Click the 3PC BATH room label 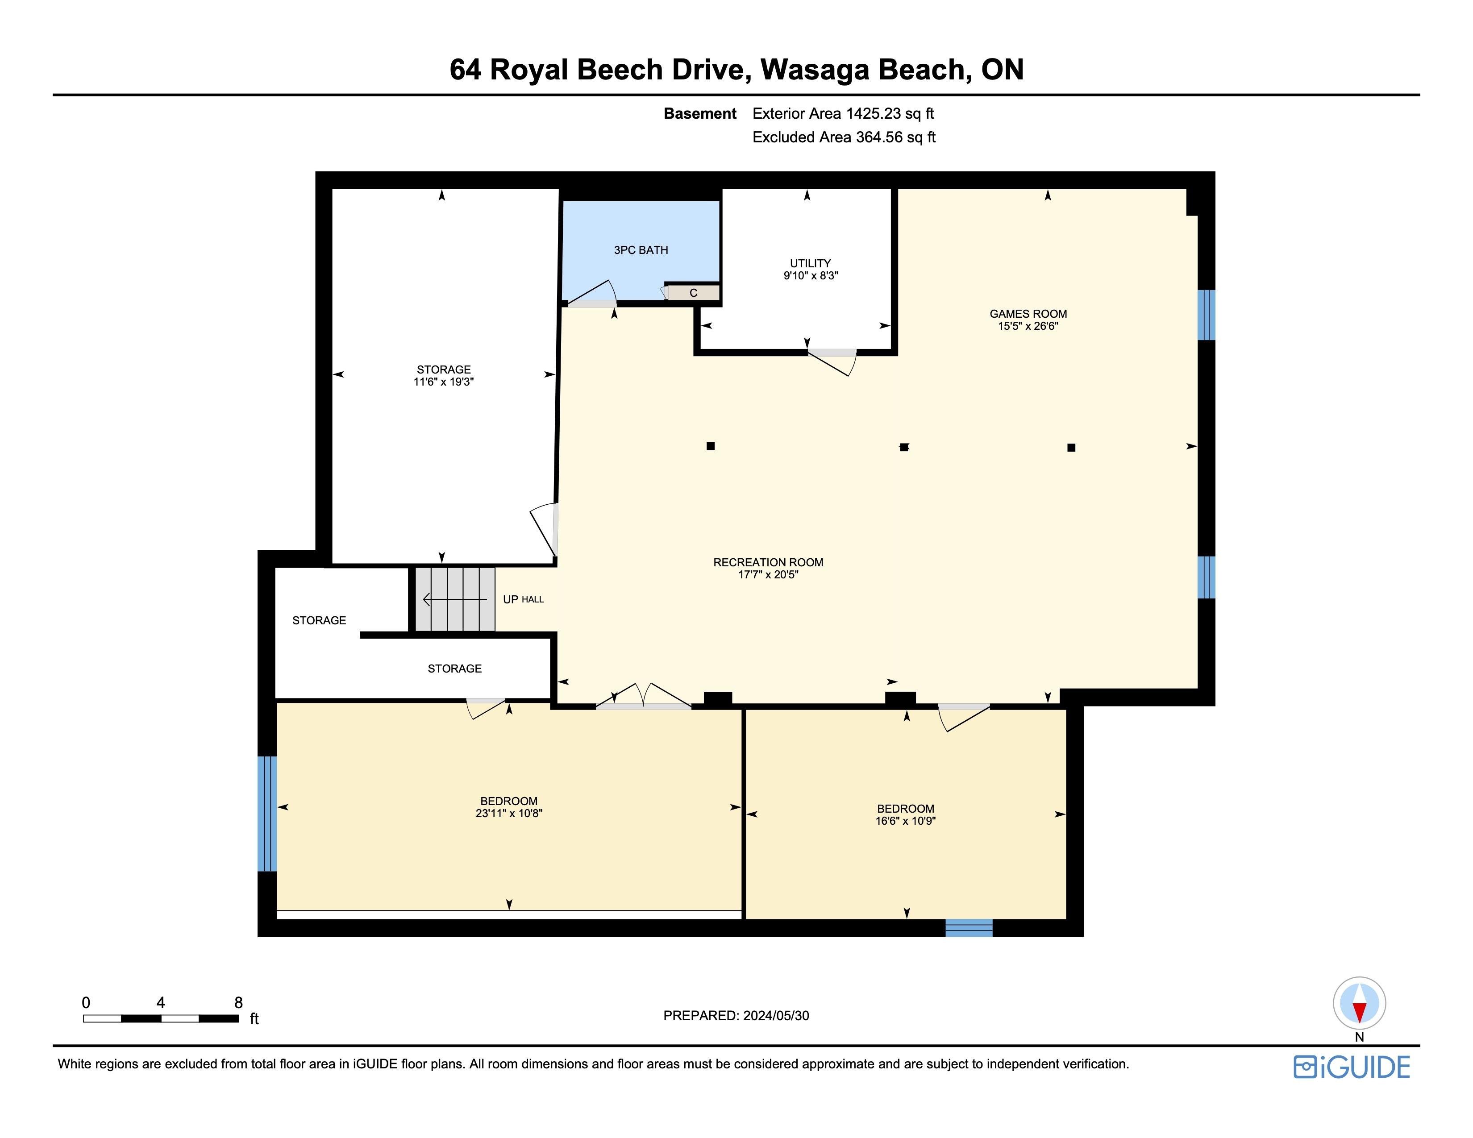(641, 250)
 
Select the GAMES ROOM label (1028, 313)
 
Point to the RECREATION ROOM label (768, 562)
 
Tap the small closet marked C (693, 293)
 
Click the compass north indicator (1359, 1003)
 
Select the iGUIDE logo (1352, 1067)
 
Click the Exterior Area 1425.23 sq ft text (843, 113)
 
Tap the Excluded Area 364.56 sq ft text (844, 137)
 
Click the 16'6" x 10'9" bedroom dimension (905, 821)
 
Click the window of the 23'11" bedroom (267, 814)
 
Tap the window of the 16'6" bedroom (969, 928)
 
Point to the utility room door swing (832, 362)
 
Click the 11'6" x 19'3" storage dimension (444, 382)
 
